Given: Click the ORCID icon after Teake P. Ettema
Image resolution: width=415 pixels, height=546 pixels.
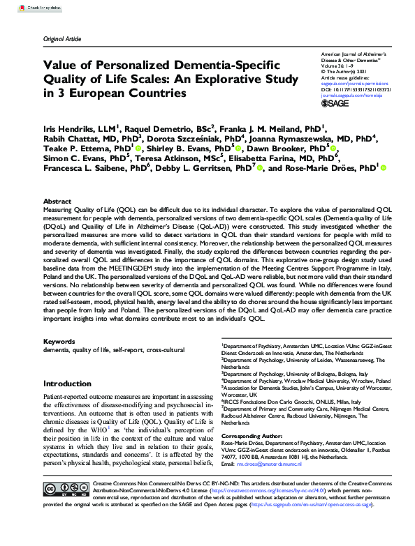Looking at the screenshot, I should (139, 149).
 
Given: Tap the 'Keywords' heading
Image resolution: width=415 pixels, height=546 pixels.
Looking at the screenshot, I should (59, 340).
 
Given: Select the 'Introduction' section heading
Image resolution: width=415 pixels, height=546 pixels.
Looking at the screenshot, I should (67, 384).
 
